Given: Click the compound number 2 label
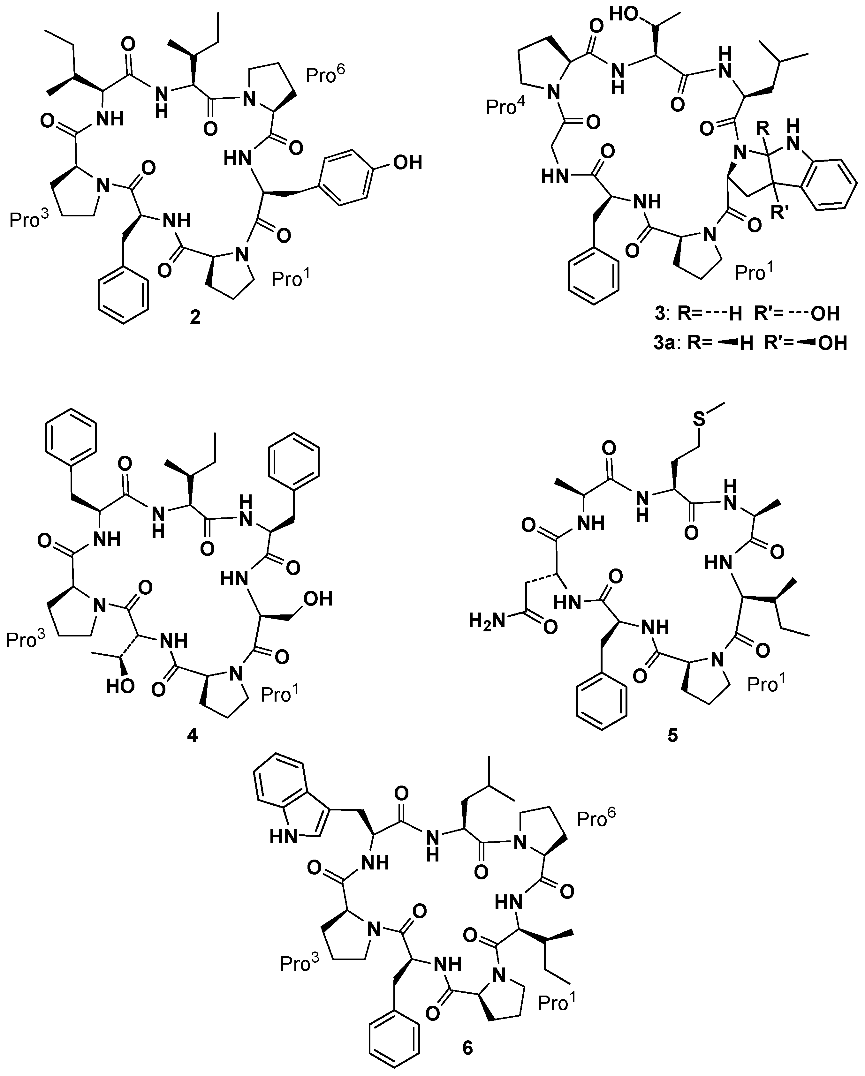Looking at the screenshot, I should click(195, 317).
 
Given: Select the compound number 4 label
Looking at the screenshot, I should click(192, 735).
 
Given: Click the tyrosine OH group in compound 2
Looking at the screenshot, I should click(407, 162).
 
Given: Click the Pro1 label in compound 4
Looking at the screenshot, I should click(281, 694).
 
